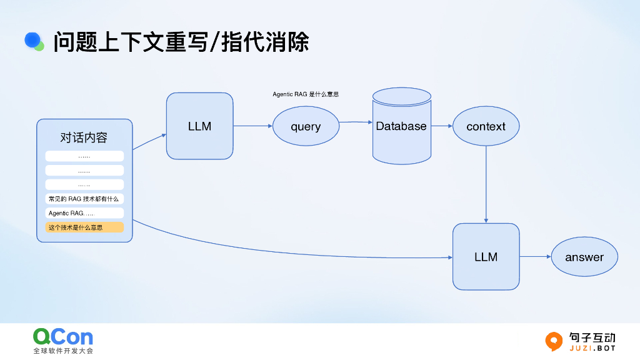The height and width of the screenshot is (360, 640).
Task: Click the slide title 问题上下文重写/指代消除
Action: [181, 42]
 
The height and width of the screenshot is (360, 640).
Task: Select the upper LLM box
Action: [199, 126]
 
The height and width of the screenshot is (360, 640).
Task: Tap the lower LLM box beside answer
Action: [486, 256]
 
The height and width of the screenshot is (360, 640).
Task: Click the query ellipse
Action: [306, 126]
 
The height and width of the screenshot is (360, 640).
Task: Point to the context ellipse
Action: [486, 126]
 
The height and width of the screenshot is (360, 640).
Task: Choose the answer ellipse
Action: [584, 257]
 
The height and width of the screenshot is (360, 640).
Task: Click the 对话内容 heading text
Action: [84, 137]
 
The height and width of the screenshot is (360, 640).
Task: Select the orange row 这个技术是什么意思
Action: [84, 227]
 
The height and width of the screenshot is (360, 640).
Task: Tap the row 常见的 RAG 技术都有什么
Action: [84, 199]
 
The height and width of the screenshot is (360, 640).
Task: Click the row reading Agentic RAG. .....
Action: [84, 213]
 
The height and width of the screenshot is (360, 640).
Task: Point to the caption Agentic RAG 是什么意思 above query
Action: [306, 94]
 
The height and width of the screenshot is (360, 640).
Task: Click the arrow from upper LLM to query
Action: [252, 126]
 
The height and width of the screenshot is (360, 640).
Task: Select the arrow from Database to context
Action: [441, 126]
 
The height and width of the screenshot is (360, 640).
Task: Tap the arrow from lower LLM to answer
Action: [535, 256]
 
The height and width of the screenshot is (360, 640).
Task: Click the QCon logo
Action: [63, 337]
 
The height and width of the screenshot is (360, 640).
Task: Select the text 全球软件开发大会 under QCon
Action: [63, 351]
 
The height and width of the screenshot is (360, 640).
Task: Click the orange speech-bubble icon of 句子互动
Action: [554, 341]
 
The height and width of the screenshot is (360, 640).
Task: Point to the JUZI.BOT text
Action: [592, 347]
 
